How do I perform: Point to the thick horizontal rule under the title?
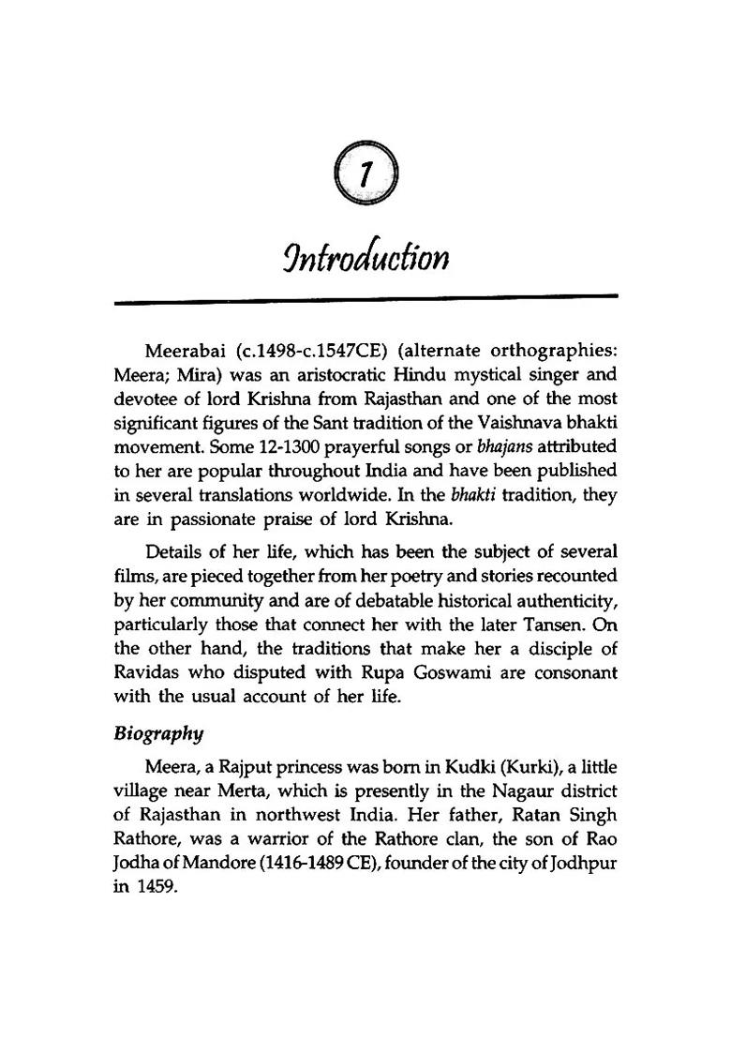(x=365, y=298)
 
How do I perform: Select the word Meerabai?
(x=185, y=352)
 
